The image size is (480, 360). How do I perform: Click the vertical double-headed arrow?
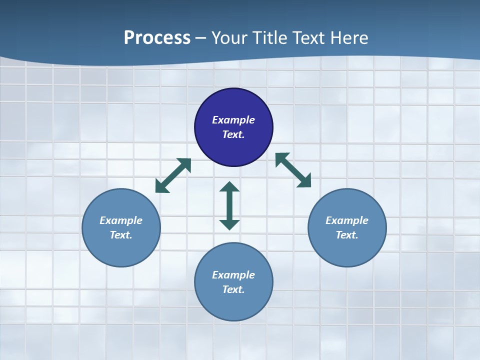229,205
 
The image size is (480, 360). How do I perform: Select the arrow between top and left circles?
173,175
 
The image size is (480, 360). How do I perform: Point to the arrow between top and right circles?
293,170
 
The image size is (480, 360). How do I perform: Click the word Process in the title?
157,37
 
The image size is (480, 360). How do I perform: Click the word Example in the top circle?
233,120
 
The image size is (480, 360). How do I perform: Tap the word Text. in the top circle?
233,134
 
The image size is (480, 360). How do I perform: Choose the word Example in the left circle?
121,220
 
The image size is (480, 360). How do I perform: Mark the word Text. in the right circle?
347,235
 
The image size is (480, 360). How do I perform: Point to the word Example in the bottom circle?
233,275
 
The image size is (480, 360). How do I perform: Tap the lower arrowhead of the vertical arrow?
229,224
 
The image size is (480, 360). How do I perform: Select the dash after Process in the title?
201,38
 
